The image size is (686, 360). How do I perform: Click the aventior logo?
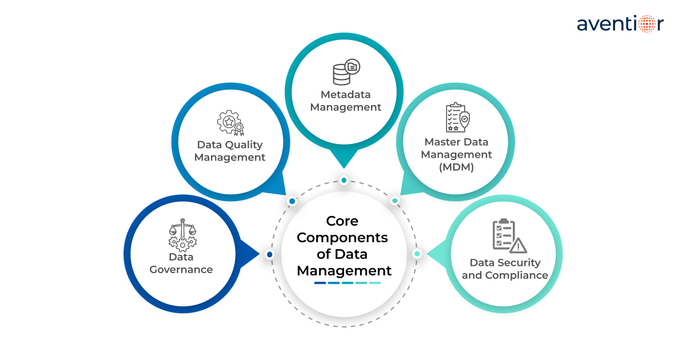point(620,25)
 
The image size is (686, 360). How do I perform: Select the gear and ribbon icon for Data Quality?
point(230,123)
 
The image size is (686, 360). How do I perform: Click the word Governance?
point(181,270)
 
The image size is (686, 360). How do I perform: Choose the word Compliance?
point(517,275)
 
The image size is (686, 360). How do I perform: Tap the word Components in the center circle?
point(342,237)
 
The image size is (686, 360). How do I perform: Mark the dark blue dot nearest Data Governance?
point(270,254)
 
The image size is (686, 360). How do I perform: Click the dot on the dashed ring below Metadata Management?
point(344,181)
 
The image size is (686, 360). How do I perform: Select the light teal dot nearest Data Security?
point(417,254)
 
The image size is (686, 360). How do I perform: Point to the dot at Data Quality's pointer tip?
point(292,201)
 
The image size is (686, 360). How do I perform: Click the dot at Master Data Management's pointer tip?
point(394,201)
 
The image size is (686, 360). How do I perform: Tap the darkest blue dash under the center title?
point(320,283)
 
